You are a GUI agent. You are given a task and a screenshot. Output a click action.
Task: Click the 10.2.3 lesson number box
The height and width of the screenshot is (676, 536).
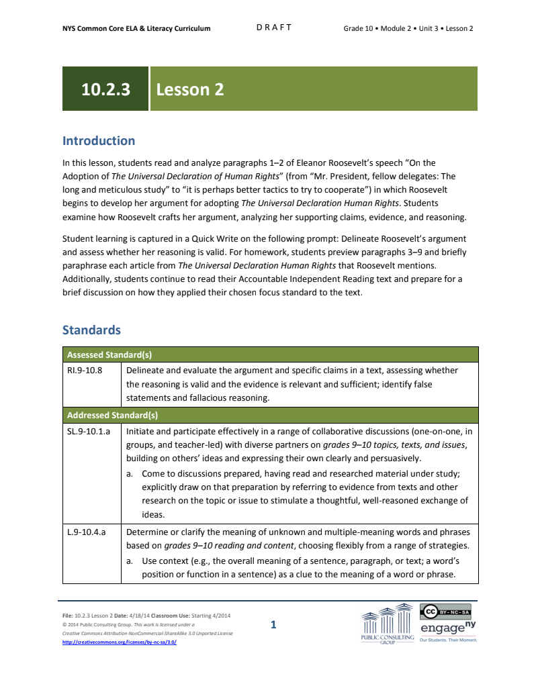coord(105,89)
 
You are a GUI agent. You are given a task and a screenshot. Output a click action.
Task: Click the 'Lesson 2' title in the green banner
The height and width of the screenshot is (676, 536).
coord(189,89)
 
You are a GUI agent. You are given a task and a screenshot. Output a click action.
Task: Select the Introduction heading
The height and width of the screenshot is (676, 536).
coord(99,140)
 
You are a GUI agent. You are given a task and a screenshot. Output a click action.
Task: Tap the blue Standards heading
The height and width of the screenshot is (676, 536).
coord(91,330)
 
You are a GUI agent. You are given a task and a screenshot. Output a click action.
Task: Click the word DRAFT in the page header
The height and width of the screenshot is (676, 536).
coord(274,28)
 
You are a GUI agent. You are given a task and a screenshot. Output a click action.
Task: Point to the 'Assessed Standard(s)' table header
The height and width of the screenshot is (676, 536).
coord(113,355)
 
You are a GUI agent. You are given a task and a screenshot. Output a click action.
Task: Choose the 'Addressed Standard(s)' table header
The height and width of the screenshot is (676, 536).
coord(113,415)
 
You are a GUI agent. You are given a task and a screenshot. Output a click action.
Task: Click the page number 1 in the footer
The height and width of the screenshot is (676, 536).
coord(273,625)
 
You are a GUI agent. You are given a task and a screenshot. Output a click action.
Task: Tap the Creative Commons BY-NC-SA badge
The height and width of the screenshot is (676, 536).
coord(445,612)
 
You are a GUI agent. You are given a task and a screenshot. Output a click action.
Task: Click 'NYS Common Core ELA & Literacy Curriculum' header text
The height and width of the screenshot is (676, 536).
coord(136,28)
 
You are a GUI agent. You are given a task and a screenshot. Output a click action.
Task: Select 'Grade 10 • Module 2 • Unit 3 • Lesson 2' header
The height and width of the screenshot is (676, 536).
coord(408,28)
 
